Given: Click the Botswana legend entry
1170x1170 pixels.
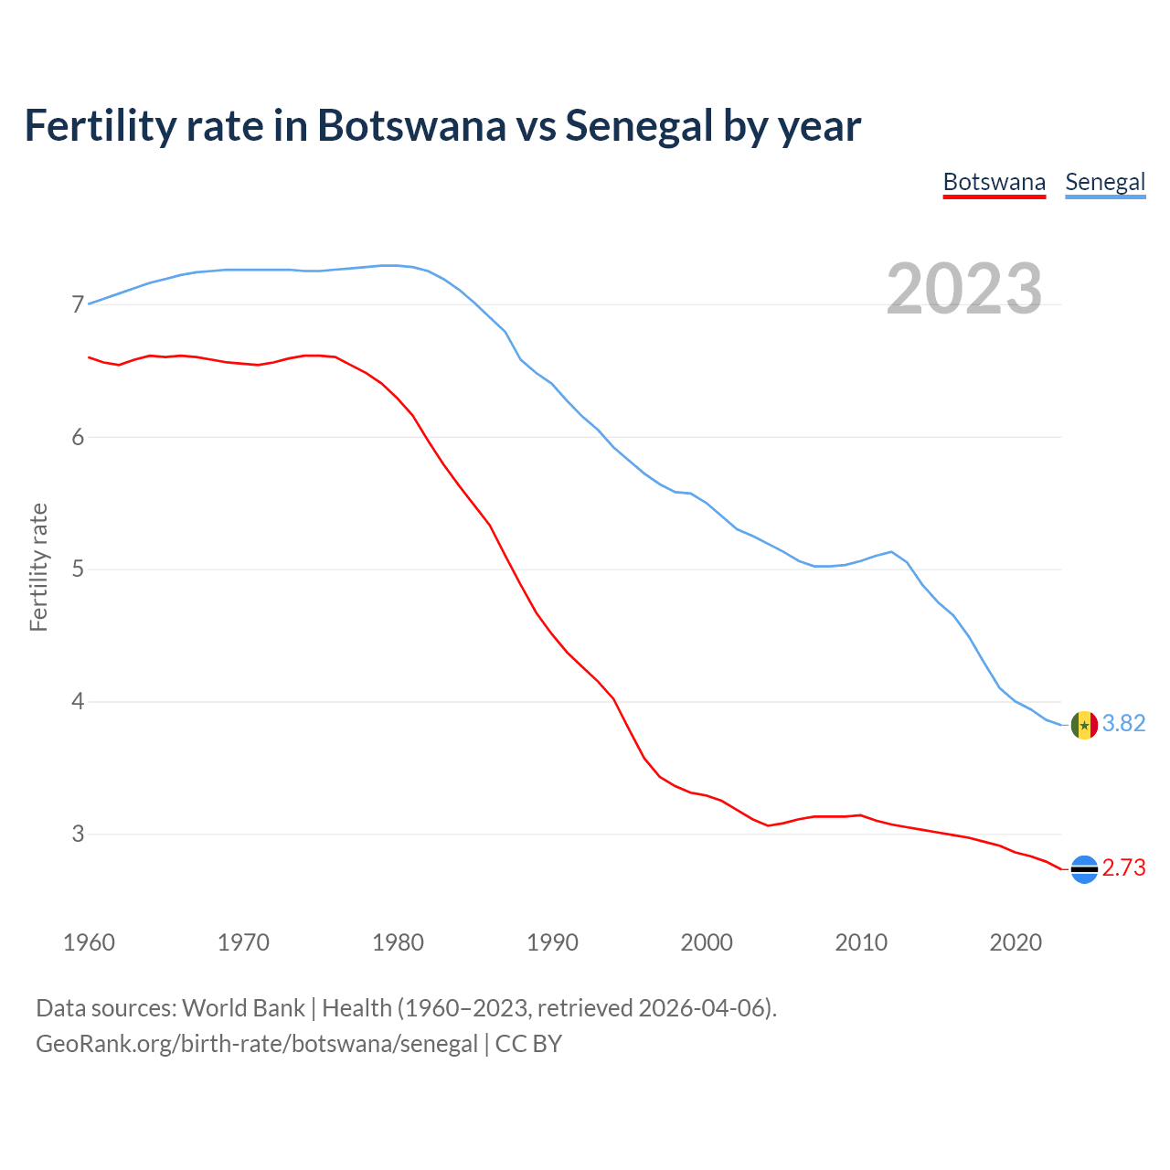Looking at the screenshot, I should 994,182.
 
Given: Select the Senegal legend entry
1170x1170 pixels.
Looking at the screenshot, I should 1105,182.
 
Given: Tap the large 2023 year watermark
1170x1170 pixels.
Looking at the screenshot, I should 964,289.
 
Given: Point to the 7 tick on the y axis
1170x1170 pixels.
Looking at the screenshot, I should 78,304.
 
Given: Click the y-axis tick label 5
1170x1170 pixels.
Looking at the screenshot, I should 78,569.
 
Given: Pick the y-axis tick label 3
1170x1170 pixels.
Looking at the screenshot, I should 78,834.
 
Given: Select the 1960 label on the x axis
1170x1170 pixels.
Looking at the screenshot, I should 89,942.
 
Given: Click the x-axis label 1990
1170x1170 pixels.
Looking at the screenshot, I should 552,942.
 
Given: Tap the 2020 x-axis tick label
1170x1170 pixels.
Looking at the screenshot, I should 1016,942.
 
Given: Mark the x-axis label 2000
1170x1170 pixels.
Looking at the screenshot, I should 707,942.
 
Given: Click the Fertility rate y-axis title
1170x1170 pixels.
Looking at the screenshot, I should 38,567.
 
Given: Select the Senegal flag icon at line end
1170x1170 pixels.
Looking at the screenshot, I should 1084,725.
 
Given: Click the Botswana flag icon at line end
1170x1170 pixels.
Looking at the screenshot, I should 1084,868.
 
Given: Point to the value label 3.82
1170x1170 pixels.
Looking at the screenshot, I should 1123,723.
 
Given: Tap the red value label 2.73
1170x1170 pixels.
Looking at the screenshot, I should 1123,867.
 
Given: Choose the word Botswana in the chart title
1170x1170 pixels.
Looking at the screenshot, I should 411,126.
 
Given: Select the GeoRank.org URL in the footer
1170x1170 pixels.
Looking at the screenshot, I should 257,1044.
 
